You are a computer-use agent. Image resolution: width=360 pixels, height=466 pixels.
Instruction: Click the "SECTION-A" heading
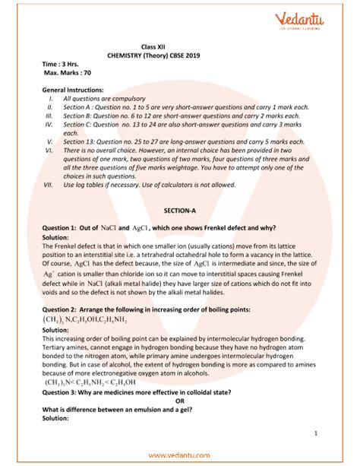point(180,208)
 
